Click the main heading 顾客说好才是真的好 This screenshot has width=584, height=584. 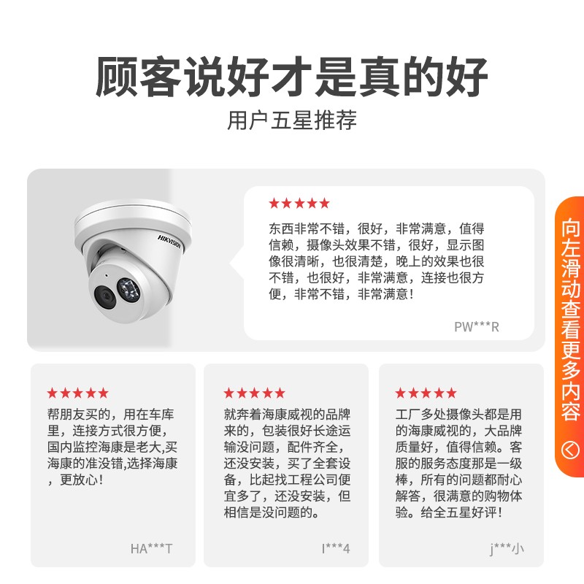point(291,77)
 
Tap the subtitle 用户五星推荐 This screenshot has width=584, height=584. point(291,120)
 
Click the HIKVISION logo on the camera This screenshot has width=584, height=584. point(169,242)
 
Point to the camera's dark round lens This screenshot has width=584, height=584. point(104,296)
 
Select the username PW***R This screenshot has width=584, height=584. point(477,326)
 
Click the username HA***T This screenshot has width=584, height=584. point(151,548)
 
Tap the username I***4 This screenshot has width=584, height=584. point(336,548)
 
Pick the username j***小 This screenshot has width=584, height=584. point(507,549)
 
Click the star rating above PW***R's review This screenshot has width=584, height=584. point(299,204)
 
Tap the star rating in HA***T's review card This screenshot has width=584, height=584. point(78,393)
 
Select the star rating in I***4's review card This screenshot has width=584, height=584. point(254,393)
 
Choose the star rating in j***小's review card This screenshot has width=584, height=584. point(426,393)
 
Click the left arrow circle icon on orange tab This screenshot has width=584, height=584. point(570,450)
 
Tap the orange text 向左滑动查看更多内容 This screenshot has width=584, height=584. point(571,320)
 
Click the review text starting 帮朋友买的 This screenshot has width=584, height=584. point(112,447)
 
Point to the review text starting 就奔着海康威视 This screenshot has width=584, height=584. point(287,464)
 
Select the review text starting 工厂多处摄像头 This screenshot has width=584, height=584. point(459,464)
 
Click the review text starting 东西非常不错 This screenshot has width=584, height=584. point(377,261)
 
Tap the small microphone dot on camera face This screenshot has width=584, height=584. point(107,276)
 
